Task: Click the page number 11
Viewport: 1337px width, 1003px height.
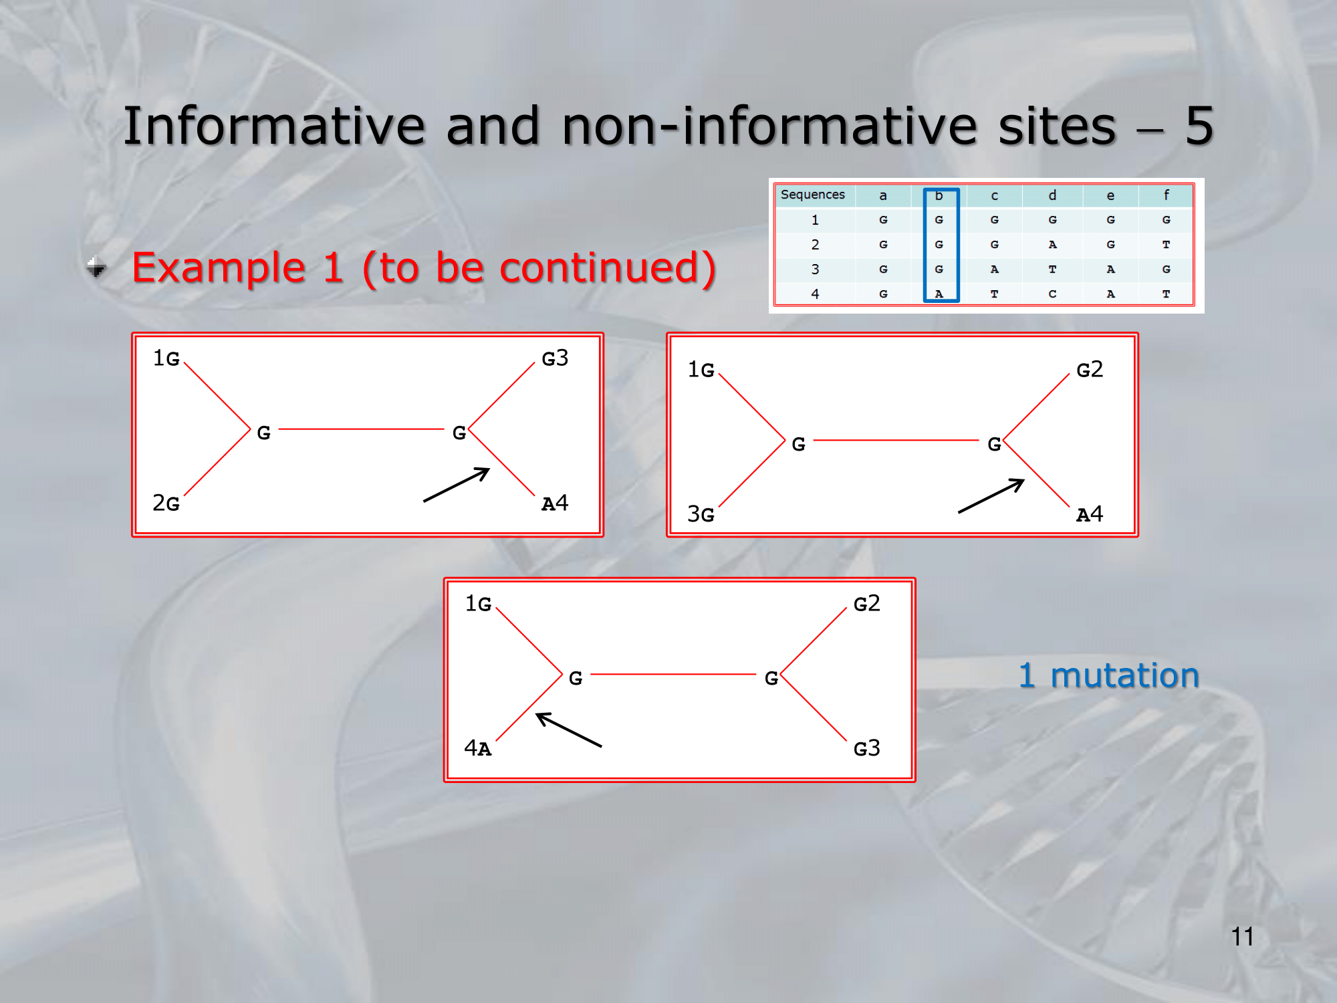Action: pyautogui.click(x=1242, y=936)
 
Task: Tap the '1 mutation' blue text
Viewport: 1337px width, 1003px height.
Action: pyautogui.click(x=1108, y=675)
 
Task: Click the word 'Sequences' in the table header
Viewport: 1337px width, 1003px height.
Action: pyautogui.click(x=812, y=195)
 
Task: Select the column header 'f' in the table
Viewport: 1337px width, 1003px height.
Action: pyautogui.click(x=1166, y=195)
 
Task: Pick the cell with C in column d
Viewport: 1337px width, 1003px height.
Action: pyautogui.click(x=1052, y=294)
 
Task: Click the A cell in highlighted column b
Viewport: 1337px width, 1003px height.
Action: pyautogui.click(x=939, y=294)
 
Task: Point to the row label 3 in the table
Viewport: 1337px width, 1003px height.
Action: pyautogui.click(x=815, y=269)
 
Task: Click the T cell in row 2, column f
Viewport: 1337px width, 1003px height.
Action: pyautogui.click(x=1166, y=245)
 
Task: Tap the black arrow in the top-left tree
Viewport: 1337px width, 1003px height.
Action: pyautogui.click(x=457, y=485)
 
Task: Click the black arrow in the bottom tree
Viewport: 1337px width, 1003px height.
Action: pyautogui.click(x=569, y=730)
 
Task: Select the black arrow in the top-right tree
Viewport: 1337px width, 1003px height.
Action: pyautogui.click(x=991, y=496)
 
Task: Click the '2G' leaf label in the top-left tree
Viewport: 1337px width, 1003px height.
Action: pyautogui.click(x=166, y=503)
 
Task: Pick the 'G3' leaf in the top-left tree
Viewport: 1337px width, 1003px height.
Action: pyautogui.click(x=555, y=358)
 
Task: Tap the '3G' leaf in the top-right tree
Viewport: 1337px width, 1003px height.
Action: pyautogui.click(x=701, y=514)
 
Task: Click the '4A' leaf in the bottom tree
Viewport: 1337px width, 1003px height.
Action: pyautogui.click(x=478, y=748)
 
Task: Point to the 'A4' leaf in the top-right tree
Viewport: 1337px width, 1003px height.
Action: pyautogui.click(x=1090, y=514)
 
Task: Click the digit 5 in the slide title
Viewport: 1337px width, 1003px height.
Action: pyautogui.click(x=1199, y=126)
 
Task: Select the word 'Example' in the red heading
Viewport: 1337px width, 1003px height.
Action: pyautogui.click(x=219, y=268)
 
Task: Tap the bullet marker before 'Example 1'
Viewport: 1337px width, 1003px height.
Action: pyautogui.click(x=97, y=267)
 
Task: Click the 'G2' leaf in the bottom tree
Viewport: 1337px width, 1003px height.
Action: pyautogui.click(x=867, y=604)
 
